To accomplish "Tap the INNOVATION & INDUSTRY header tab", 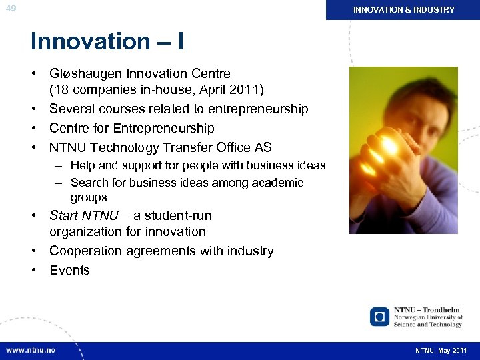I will (x=403, y=10).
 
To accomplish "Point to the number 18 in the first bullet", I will (x=61, y=89).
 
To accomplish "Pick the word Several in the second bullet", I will (x=71, y=109).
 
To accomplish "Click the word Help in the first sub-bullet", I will (x=83, y=165).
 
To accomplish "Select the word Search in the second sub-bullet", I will (x=89, y=183).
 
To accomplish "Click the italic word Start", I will (x=64, y=215).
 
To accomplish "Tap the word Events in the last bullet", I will (x=69, y=271).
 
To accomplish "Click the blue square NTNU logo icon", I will (x=380, y=316).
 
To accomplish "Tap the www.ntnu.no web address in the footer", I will (x=31, y=350).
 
